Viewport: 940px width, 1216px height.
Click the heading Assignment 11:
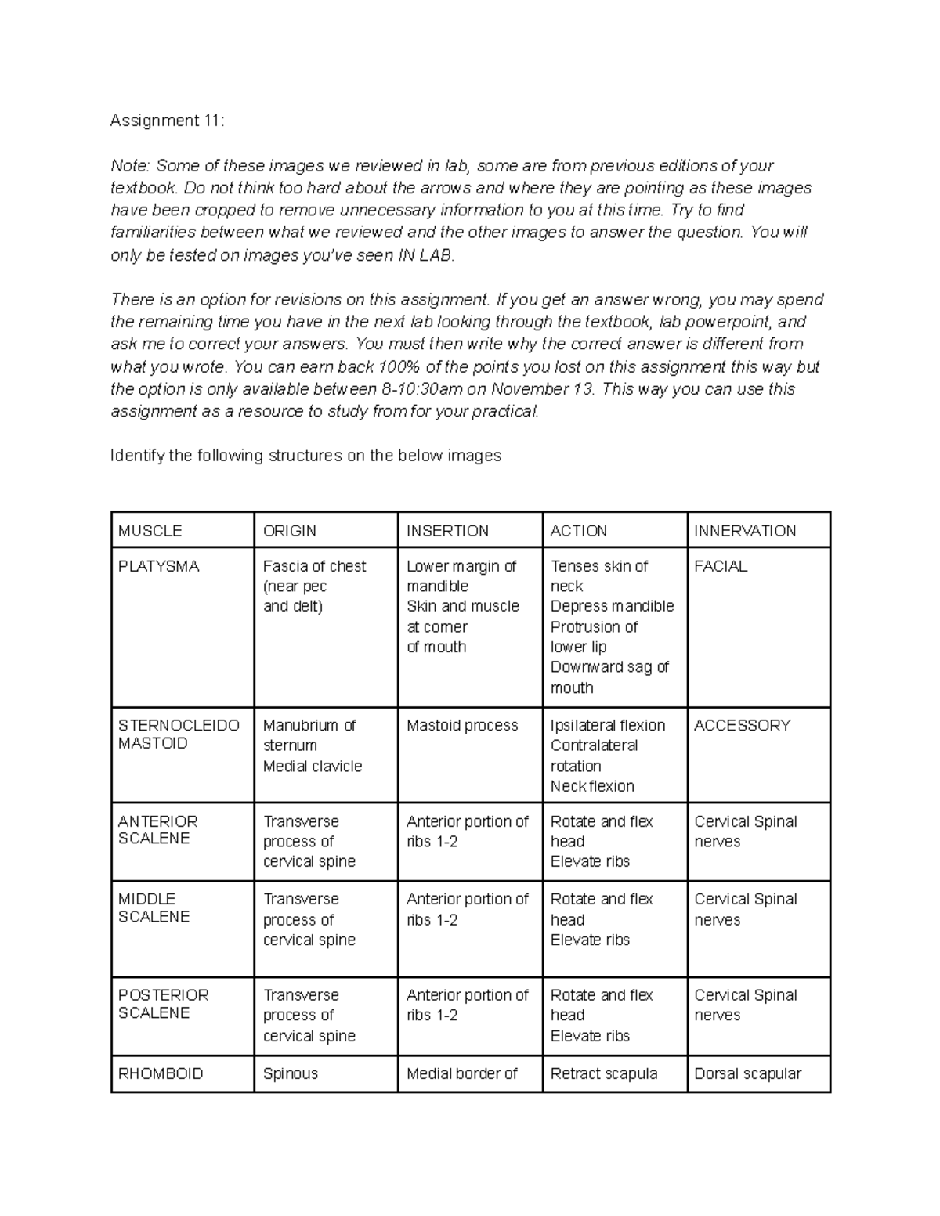167,121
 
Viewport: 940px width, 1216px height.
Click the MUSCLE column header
150,531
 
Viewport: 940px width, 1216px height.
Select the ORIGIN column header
289,531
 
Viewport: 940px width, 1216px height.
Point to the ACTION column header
578,531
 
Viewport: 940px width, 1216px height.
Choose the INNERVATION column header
744,531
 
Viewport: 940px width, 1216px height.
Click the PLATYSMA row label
158,566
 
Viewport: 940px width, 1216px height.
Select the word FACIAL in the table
721,566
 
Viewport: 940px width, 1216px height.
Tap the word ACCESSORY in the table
742,726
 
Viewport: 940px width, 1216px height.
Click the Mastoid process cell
462,726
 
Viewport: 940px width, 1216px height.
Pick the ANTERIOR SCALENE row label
157,830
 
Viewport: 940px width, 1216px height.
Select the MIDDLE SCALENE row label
154,907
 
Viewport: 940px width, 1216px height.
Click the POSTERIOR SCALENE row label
163,1004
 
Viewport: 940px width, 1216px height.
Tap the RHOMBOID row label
160,1073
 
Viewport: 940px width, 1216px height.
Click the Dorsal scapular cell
747,1073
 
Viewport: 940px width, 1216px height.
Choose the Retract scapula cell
603,1073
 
